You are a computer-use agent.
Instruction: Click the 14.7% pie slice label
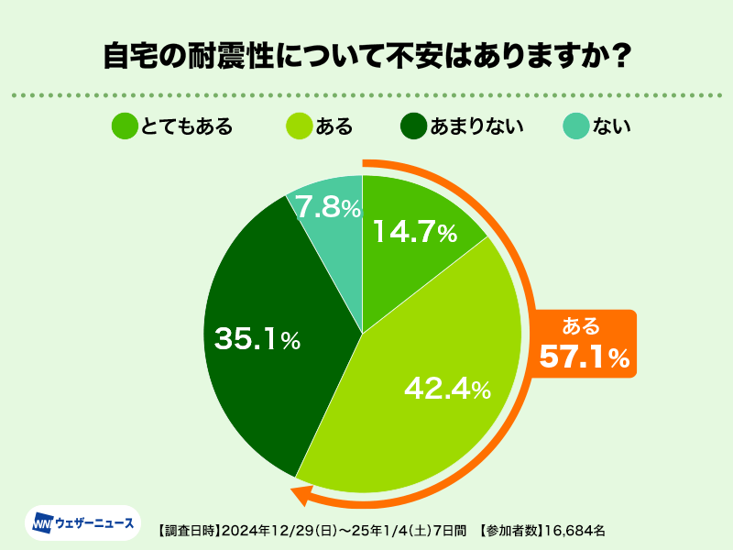(x=414, y=233)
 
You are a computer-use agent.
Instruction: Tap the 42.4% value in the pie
(x=447, y=389)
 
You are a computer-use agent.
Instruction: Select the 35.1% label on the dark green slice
(x=257, y=339)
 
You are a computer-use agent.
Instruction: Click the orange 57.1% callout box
(x=584, y=343)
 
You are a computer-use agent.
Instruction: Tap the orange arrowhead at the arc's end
(x=299, y=496)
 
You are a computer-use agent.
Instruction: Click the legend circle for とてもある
(x=125, y=126)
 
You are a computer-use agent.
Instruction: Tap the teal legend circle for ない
(x=574, y=126)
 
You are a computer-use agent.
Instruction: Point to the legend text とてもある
(x=187, y=126)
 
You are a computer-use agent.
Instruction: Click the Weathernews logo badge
(x=82, y=523)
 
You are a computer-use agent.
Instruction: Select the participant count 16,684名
(x=574, y=530)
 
